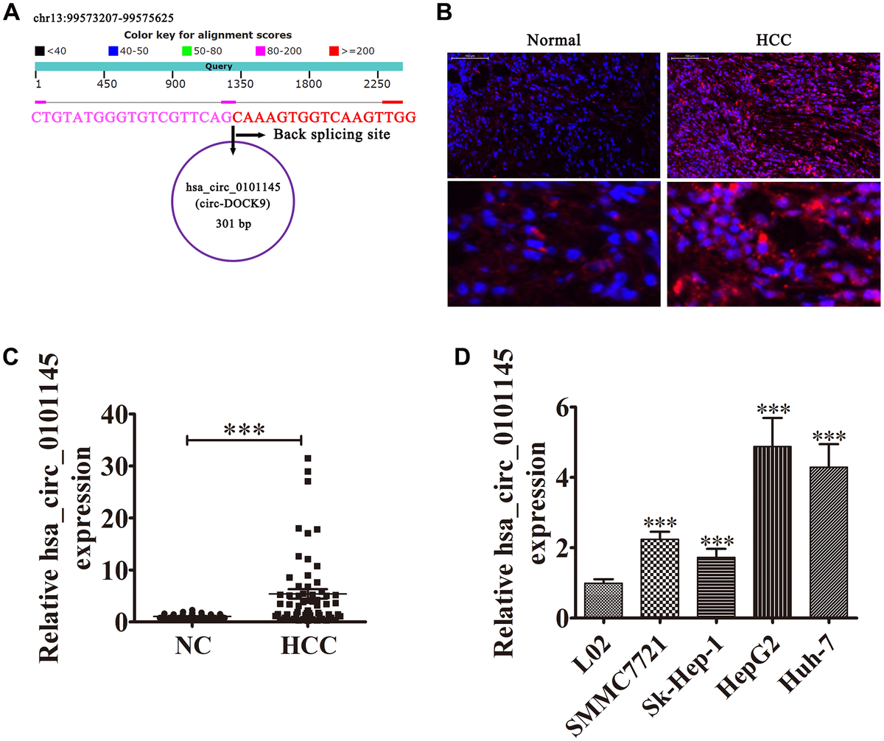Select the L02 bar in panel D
click(x=603, y=600)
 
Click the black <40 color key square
click(x=39, y=51)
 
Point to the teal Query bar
click(x=219, y=66)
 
